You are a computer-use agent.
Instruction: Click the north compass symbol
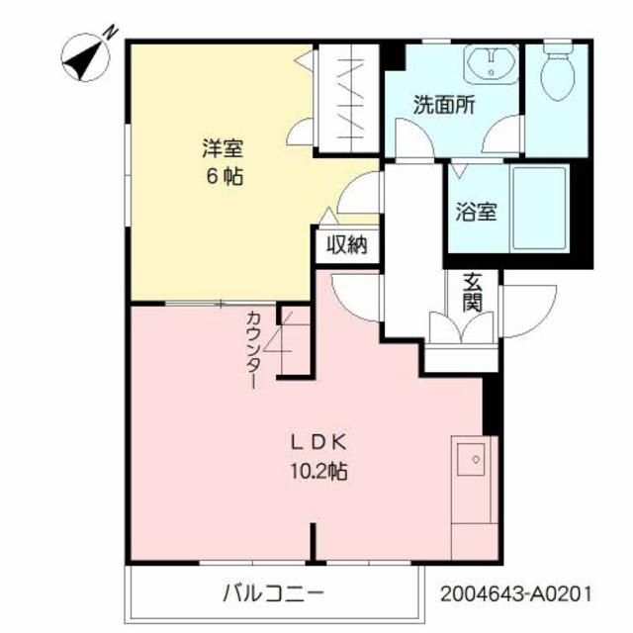coord(86,57)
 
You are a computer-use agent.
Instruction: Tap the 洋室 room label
coord(223,147)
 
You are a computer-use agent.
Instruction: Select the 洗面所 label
coord(444,105)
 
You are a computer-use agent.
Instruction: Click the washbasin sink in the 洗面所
coord(491,64)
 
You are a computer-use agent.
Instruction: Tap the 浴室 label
coord(477,211)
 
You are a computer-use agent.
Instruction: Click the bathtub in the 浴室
coord(539,208)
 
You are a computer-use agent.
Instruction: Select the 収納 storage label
coord(347,244)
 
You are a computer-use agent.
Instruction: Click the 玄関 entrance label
coord(473,292)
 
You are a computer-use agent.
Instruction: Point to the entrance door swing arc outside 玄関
coord(530,311)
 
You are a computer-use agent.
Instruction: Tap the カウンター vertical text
coord(253,349)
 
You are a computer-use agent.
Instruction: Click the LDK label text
coord(318,443)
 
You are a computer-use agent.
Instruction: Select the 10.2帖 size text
coord(318,471)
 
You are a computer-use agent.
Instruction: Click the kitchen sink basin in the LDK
coord(471,459)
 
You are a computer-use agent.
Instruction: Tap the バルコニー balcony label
coord(273,593)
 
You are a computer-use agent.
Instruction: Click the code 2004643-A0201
coord(516,593)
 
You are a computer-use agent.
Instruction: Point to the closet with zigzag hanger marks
coord(349,99)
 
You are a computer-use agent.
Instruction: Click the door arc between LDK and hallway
coord(355,298)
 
